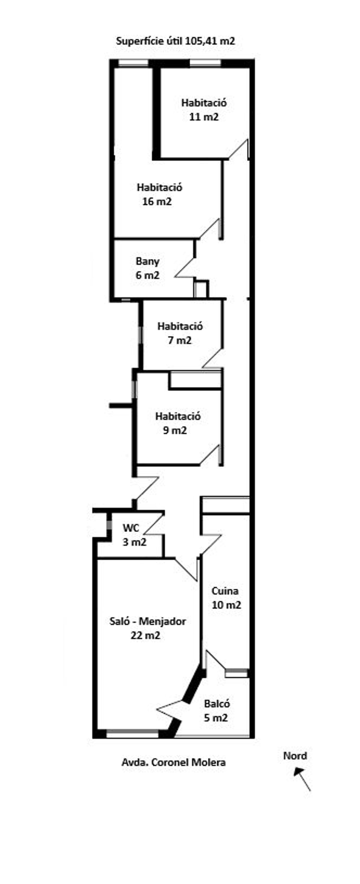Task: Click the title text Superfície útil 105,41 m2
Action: click(175, 41)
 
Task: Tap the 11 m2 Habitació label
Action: click(204, 110)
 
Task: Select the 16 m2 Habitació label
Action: click(159, 194)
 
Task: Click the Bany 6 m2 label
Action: click(148, 268)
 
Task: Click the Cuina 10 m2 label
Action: click(226, 598)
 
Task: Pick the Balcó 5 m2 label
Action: click(216, 711)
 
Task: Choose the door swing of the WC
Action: click(153, 524)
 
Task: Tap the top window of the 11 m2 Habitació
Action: click(205, 63)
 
